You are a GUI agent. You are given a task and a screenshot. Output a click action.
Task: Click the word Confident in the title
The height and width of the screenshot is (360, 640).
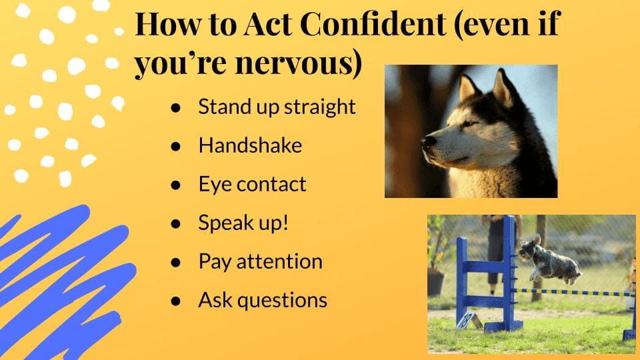(373, 24)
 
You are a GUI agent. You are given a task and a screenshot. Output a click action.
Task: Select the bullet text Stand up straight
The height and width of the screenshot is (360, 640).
(277, 107)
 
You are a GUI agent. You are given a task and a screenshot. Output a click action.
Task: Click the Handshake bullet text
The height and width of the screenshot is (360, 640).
(250, 145)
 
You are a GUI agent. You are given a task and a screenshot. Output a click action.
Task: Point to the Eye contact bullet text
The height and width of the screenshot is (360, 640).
(252, 184)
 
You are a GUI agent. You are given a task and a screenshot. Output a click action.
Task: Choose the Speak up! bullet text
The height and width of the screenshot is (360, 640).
(243, 223)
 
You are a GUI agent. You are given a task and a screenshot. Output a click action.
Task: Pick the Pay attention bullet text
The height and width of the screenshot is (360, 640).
(261, 261)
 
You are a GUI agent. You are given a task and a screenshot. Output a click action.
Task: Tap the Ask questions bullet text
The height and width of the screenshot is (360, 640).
(263, 300)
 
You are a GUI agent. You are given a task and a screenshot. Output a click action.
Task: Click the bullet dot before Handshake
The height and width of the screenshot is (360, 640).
(175, 147)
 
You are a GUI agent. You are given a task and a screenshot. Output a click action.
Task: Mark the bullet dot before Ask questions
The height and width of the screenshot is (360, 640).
(175, 301)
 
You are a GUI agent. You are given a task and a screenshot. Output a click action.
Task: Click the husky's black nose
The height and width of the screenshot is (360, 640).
(428, 141)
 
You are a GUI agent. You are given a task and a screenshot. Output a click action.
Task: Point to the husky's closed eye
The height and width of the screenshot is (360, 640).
(469, 123)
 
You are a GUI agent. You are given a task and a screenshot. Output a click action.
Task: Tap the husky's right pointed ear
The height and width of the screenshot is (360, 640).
(504, 88)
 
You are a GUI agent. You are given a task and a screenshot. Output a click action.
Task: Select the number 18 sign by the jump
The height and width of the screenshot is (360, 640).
(467, 320)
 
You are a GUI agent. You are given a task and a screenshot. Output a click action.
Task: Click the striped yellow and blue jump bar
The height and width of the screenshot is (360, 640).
(572, 292)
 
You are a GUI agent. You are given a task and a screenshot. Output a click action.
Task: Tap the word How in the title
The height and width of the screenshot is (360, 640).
(167, 24)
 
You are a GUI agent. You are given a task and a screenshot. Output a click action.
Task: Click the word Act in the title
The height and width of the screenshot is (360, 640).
(268, 24)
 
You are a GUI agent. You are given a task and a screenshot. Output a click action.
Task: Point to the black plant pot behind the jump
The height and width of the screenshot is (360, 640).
(435, 281)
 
